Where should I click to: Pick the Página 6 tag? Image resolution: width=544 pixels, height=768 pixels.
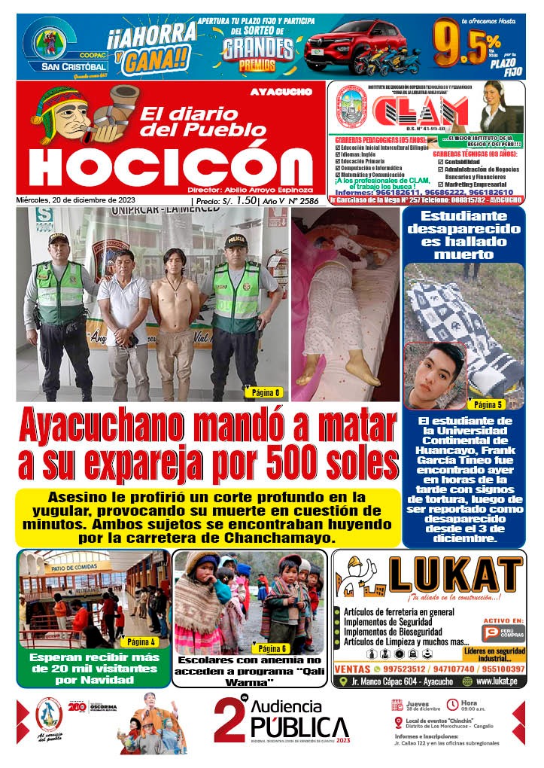(x=272, y=648)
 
